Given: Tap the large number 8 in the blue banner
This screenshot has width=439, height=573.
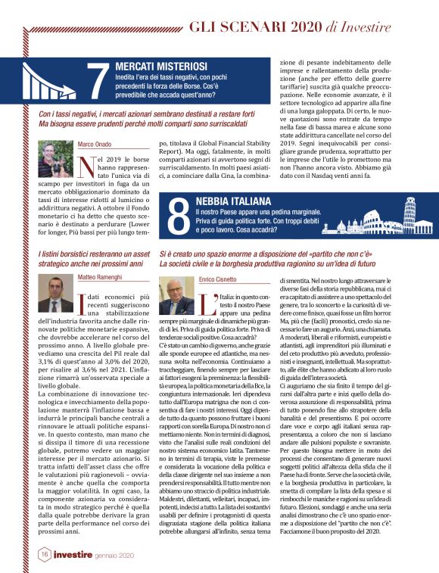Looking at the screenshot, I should coord(177,216).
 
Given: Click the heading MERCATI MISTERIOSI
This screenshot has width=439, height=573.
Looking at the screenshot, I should coord(156,67).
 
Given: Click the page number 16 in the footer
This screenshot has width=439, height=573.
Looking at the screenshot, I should coord(44,555).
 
